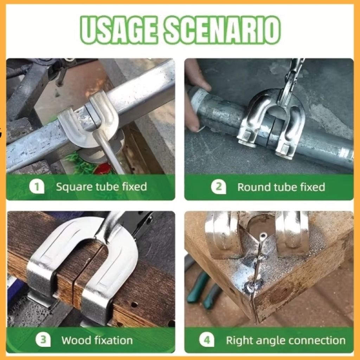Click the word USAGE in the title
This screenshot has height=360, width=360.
coord(119,30)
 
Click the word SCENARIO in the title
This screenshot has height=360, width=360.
coord(223,30)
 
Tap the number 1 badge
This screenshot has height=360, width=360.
coord(37,187)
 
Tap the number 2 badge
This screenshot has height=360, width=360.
coord(218,187)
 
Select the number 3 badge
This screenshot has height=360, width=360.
coord(43,340)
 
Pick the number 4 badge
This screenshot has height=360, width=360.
coord(207,340)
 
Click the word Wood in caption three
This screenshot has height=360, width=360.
coord(76,340)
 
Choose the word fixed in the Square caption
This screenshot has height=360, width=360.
coord(134,187)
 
